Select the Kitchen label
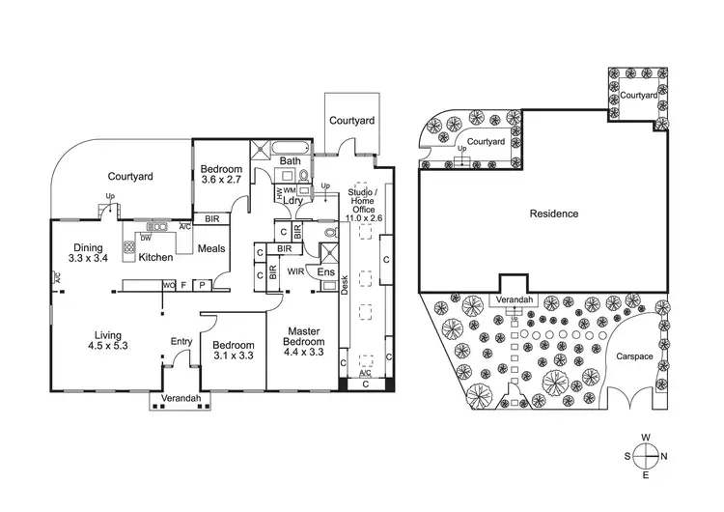click(155, 258)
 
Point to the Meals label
click(211, 249)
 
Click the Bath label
click(291, 161)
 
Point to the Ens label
click(325, 272)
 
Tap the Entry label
click(181, 341)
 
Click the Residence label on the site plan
click(553, 213)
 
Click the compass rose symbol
click(647, 456)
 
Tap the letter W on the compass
click(647, 438)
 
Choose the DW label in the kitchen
click(144, 238)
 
